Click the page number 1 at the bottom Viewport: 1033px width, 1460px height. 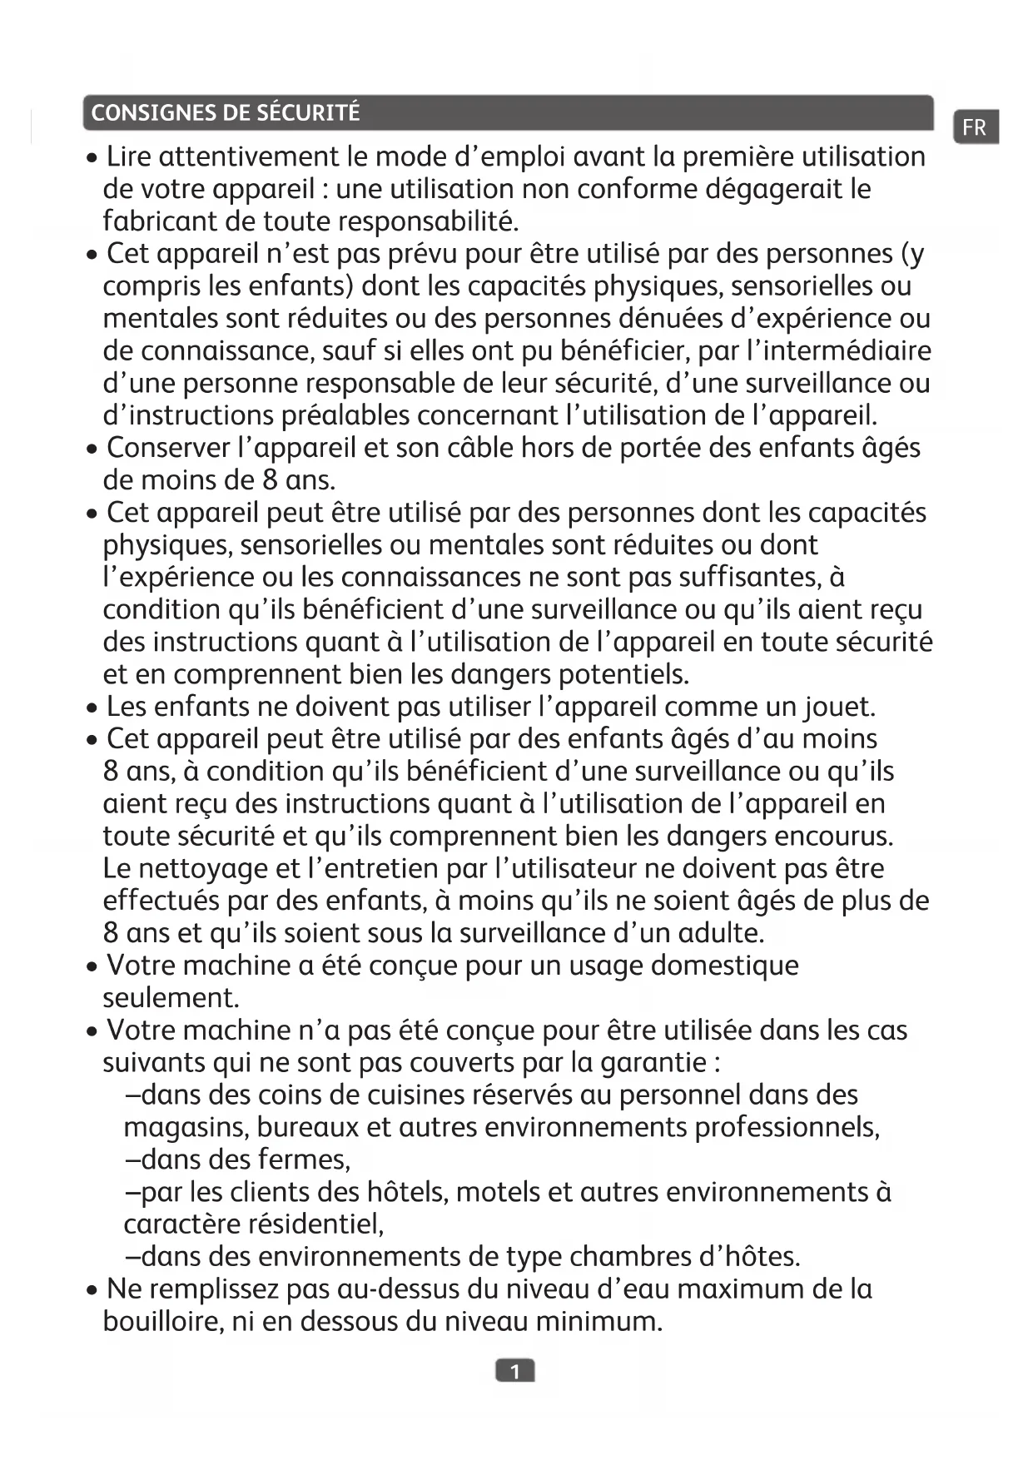coord(515,1371)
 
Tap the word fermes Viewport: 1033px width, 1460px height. coord(304,1160)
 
